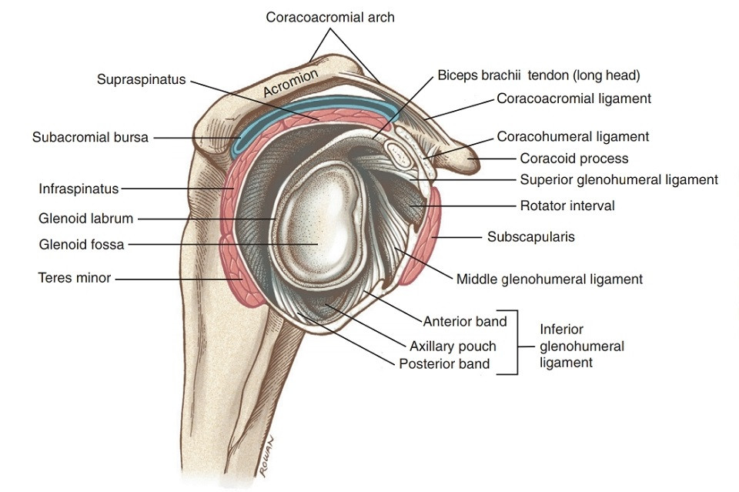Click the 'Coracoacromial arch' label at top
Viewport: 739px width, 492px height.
click(329, 16)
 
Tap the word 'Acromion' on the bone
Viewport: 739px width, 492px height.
click(290, 82)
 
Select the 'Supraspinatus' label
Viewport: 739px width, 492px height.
click(141, 79)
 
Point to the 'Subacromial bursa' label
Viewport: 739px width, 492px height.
click(90, 138)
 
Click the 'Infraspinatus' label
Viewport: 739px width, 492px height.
click(79, 188)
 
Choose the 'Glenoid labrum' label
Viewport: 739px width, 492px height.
click(85, 219)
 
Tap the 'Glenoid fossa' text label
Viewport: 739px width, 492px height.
click(81, 245)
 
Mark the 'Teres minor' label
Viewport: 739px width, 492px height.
click(75, 277)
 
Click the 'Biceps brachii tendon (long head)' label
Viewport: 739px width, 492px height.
click(539, 75)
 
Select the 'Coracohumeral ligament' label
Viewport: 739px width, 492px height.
click(573, 137)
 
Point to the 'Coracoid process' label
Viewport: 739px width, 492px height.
click(574, 159)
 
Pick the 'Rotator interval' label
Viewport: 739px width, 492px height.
click(567, 206)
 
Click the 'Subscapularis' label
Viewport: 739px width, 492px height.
click(530, 237)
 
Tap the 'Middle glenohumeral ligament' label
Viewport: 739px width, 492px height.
click(549, 279)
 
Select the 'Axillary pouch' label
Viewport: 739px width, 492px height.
click(453, 346)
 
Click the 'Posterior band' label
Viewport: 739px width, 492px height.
click(444, 363)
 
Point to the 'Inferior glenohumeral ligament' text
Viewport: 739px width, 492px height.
click(581, 346)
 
